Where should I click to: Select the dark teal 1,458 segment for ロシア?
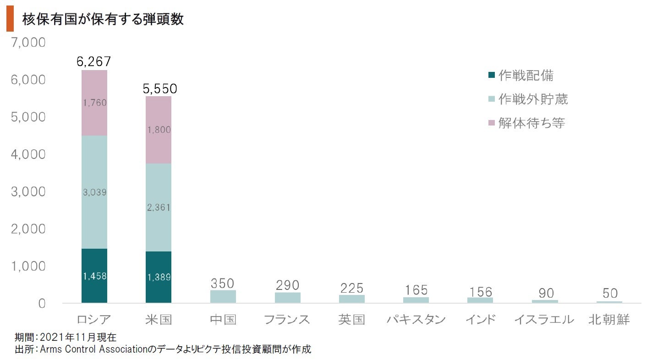tap(94, 276)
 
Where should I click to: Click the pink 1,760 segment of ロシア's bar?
tap(94, 103)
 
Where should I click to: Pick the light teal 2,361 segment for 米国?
tap(159, 207)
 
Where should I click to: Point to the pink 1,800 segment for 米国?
tap(159, 130)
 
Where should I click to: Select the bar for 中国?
tap(223, 296)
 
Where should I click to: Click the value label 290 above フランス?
tap(287, 285)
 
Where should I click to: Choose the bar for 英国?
tap(352, 299)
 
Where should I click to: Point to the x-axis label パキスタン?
tap(416, 320)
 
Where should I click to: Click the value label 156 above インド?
tap(481, 292)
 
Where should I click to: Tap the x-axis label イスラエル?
tap(544, 320)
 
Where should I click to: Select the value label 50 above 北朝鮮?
tap(609, 293)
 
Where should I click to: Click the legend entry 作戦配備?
tap(526, 75)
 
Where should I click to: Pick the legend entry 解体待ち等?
tap(531, 123)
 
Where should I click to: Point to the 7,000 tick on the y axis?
tap(28, 43)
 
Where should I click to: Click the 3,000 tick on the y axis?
tap(28, 191)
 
